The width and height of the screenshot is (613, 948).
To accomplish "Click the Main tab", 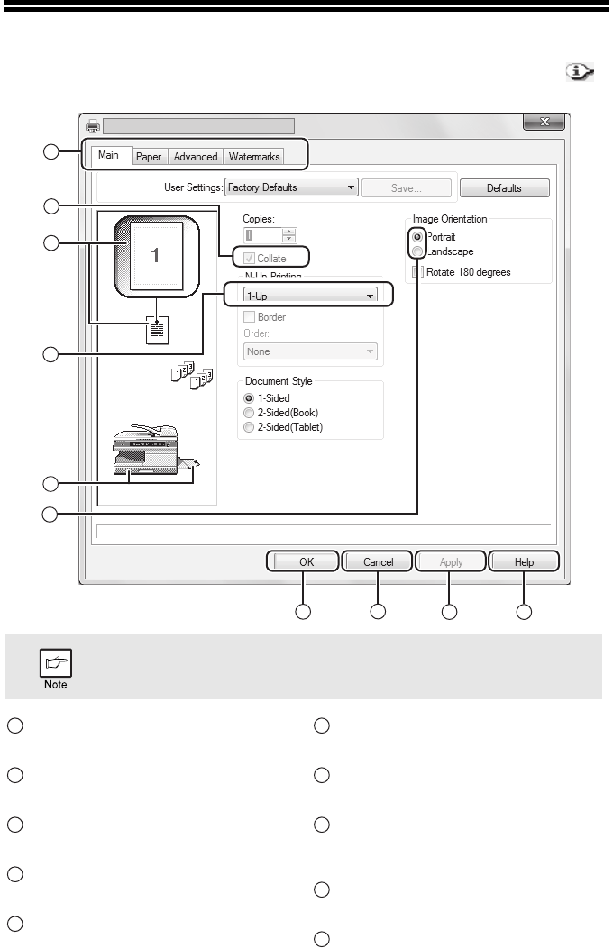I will (x=109, y=155).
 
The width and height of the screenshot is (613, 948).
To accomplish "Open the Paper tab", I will (x=149, y=157).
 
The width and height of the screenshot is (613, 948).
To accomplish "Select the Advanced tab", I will (x=196, y=157).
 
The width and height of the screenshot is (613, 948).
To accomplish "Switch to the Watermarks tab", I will (x=254, y=157).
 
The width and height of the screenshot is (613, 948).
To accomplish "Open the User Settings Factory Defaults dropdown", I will (x=290, y=188).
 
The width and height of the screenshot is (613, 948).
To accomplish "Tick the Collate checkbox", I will (x=250, y=259).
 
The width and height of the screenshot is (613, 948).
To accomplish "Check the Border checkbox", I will (x=249, y=317).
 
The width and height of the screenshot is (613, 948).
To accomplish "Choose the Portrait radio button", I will (x=417, y=237).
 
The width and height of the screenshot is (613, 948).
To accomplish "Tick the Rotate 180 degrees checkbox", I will (x=417, y=271).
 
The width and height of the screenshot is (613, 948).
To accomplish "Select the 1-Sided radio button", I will (x=248, y=397).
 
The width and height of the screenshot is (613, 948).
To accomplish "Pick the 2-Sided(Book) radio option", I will (x=248, y=412).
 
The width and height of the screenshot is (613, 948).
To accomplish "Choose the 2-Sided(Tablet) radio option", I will (x=248, y=427).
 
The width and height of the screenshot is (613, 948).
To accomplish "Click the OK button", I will (x=304, y=562).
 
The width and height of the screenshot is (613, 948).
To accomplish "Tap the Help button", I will (x=524, y=562).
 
